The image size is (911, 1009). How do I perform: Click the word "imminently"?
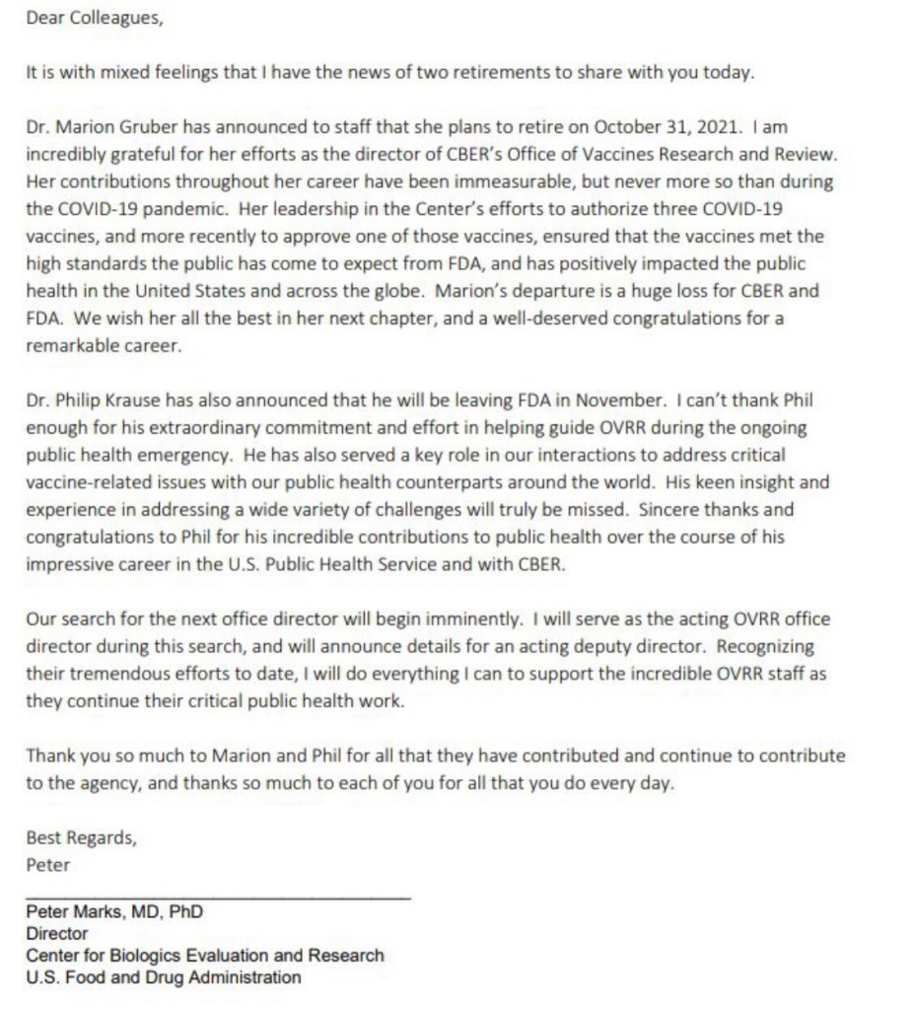tap(468, 619)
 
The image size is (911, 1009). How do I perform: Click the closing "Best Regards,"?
tap(82, 839)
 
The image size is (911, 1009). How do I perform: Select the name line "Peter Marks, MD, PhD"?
tap(114, 912)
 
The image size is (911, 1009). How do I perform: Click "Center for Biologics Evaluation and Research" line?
tap(205, 956)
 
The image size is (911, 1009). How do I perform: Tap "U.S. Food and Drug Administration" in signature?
tap(164, 977)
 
